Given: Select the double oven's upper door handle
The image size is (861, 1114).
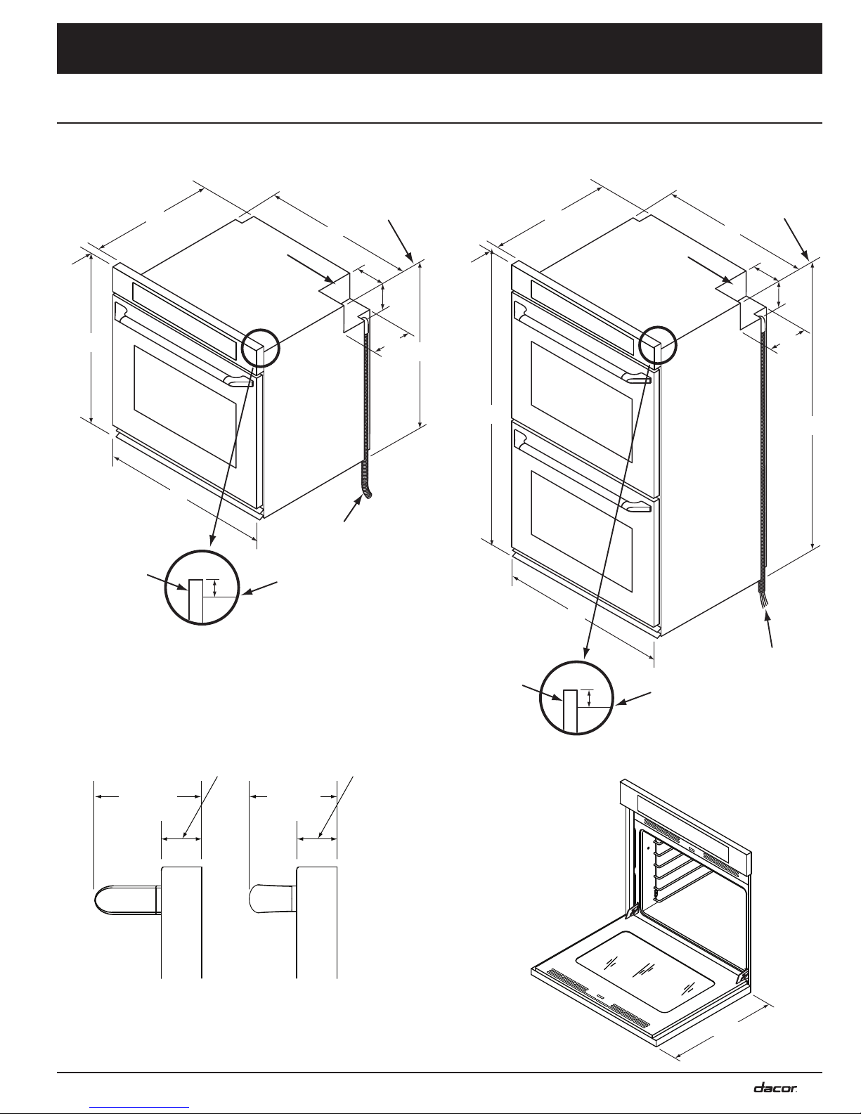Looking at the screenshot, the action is [x=582, y=349].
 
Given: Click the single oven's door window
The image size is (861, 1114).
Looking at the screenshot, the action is [x=185, y=406].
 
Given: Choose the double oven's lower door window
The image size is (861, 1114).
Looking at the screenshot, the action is [x=581, y=520].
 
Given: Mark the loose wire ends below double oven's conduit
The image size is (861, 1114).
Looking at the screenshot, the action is [x=764, y=599].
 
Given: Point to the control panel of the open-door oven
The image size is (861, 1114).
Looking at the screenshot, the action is [x=686, y=828].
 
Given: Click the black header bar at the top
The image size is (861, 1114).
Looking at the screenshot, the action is [x=439, y=48].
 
